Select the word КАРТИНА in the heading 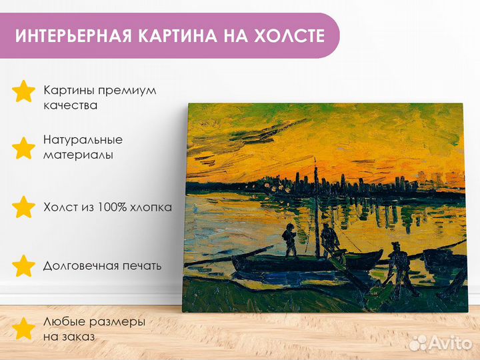(177, 35)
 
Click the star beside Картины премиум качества (23, 91)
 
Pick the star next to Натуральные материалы (23, 148)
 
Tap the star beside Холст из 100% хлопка (23, 207)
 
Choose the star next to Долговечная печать (23, 266)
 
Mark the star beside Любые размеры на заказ (23, 329)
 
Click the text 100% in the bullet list (112, 207)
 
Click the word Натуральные (83, 140)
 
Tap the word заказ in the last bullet (78, 337)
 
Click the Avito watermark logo (441, 343)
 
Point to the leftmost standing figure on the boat (289, 240)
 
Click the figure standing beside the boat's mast (329, 241)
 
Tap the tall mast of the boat (317, 207)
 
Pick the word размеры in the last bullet (117, 323)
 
